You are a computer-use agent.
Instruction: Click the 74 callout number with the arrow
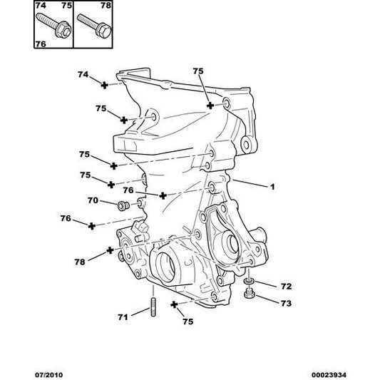point(83,74)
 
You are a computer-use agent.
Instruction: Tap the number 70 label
point(93,202)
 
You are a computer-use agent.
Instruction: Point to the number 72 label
point(286,287)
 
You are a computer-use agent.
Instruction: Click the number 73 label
point(286,303)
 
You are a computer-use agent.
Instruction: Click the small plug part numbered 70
point(122,206)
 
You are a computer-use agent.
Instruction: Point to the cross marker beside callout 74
point(104,85)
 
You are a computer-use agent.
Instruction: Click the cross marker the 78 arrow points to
point(111,250)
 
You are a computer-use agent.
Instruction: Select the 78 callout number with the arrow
point(80,262)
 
